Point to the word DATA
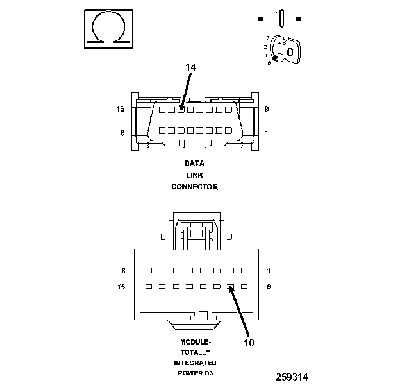194,163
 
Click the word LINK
194,175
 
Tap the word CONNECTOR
194,187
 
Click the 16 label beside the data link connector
120,109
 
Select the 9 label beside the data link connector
266,109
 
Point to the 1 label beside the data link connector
266,132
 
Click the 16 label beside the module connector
122,287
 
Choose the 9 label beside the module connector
269,287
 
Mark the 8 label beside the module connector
123,271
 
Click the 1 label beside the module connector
269,271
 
